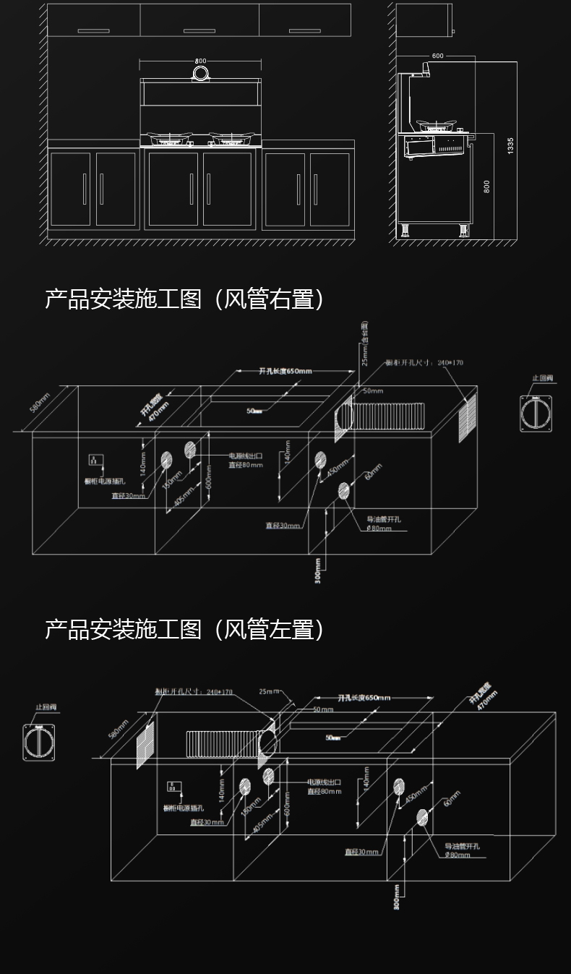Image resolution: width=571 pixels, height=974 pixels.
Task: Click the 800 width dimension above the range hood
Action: click(x=200, y=61)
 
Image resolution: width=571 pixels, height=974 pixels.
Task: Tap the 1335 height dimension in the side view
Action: click(x=510, y=145)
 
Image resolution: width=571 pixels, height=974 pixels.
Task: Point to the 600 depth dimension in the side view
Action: click(x=438, y=56)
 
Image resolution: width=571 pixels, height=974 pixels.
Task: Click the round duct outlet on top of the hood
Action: click(x=200, y=73)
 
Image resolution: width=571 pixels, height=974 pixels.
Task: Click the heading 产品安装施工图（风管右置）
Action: click(x=184, y=299)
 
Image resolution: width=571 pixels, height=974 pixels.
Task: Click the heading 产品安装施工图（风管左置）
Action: click(x=184, y=629)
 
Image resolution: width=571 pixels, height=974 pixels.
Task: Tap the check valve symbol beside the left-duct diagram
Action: click(x=40, y=742)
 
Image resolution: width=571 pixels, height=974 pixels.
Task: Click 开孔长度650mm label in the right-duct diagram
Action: click(x=285, y=371)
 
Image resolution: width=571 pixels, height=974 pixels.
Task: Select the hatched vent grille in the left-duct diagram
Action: click(x=145, y=744)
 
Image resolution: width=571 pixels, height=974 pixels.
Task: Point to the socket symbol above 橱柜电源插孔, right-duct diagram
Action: click(x=93, y=459)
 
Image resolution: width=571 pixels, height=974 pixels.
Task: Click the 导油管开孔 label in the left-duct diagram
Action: click(x=463, y=846)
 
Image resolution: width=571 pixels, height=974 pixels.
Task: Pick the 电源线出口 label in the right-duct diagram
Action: click(x=245, y=456)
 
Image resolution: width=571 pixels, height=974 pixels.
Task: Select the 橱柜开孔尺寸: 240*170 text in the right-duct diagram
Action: click(x=424, y=362)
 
